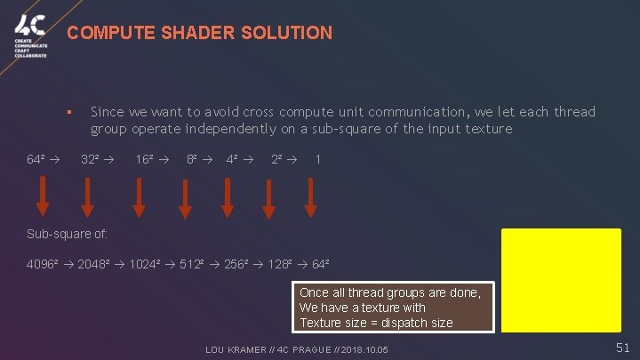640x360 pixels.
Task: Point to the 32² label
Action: pos(91,160)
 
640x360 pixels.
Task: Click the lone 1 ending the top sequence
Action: pos(318,160)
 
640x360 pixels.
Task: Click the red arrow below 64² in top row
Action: pos(42,196)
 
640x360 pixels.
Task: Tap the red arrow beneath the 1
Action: pos(310,196)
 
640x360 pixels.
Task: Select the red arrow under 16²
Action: pos(140,196)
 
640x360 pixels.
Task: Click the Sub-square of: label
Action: pos(67,235)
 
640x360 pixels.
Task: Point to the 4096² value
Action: pos(44,265)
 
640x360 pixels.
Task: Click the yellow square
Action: pos(561,277)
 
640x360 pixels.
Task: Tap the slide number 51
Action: pos(623,348)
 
